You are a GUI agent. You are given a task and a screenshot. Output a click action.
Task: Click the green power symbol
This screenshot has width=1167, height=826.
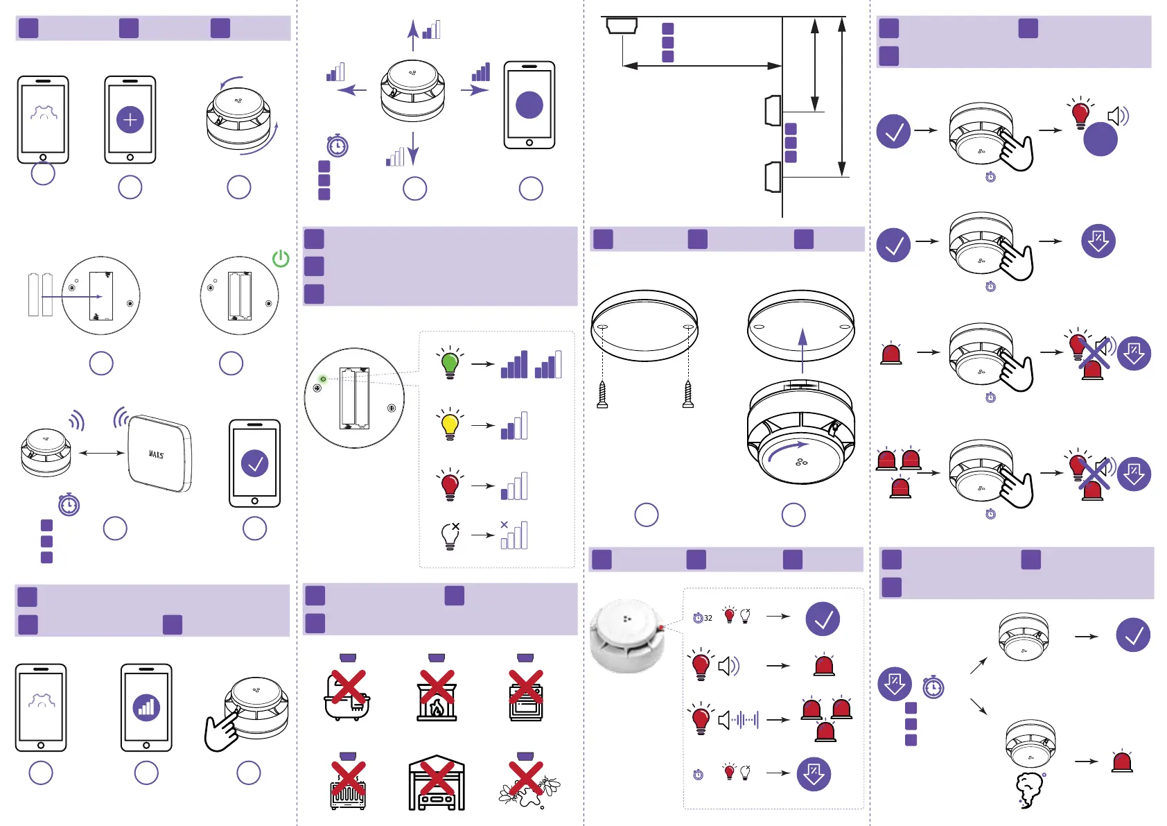281,259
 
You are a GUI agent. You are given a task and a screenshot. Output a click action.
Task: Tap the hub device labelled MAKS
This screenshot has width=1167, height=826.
159,453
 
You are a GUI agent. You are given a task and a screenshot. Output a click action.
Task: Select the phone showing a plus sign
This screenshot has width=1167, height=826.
130,120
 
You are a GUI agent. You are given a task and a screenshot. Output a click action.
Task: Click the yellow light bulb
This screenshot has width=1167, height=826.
450,424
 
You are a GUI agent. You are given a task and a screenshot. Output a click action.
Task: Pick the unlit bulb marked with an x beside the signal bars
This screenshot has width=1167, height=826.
450,535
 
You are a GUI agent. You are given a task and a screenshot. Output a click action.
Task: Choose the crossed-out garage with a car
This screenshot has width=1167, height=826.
437,784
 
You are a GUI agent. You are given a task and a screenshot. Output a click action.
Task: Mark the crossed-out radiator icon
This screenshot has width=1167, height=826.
348,785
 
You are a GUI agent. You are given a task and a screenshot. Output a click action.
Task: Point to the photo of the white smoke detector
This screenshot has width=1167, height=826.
628,636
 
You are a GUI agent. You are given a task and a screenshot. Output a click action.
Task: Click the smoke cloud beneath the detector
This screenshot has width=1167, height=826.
1028,789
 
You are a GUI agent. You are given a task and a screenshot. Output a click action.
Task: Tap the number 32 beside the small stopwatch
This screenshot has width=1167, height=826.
708,618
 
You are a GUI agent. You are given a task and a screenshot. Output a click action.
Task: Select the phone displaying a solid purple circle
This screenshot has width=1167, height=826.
529,105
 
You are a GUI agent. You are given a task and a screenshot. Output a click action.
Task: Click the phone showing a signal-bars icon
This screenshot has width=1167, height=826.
146,707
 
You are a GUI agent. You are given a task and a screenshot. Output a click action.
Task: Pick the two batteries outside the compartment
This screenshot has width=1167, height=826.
40,295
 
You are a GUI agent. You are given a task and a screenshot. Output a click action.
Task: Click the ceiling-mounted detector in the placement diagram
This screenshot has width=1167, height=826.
622,26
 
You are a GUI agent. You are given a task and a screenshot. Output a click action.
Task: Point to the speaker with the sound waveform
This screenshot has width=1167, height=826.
738,720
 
